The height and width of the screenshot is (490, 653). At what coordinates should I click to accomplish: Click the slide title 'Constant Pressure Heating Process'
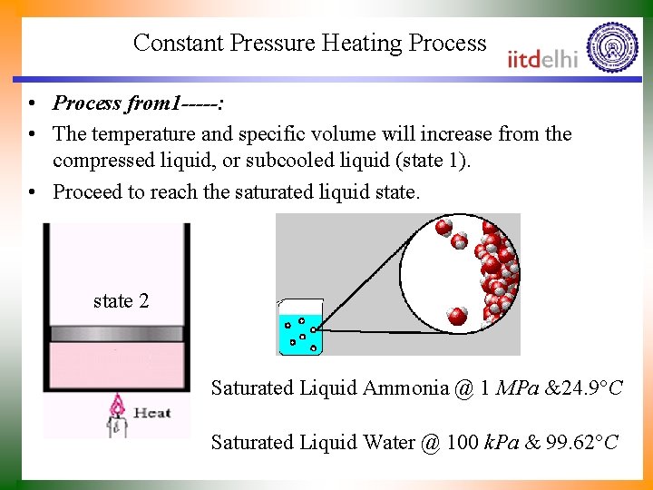pos(309,43)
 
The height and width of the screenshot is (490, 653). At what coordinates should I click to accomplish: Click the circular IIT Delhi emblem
pos(612,47)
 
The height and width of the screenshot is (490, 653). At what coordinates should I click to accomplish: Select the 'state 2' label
pos(121,301)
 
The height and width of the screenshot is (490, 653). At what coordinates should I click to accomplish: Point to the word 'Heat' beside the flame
pos(151,413)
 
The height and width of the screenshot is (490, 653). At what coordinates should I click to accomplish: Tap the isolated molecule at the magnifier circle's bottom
pos(457,316)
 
